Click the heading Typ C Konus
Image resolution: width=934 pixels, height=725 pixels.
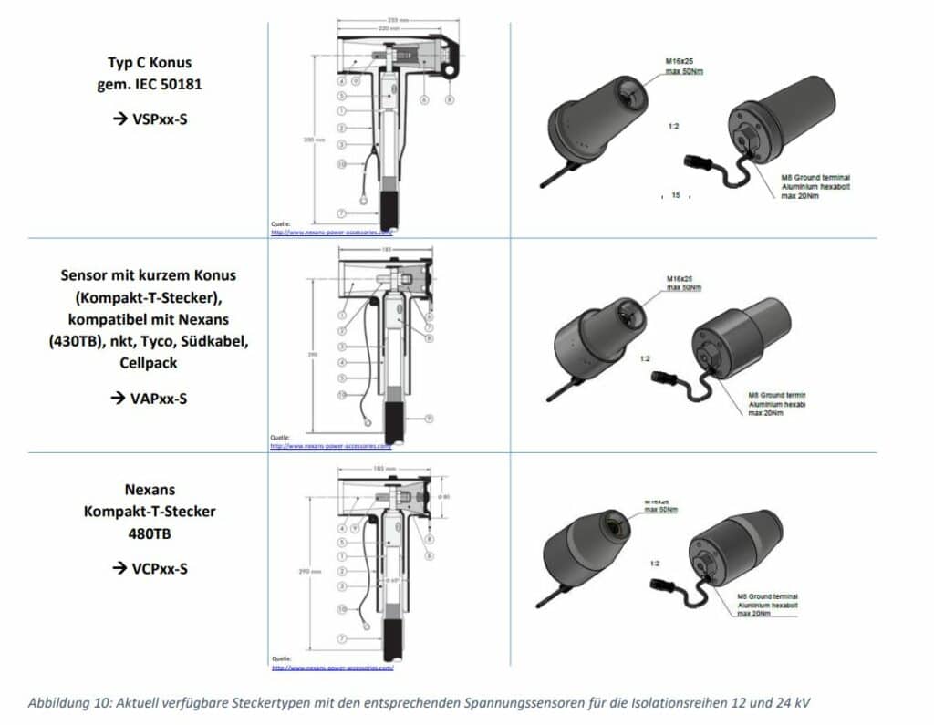coord(150,63)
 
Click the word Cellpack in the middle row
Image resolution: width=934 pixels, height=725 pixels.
coord(150,362)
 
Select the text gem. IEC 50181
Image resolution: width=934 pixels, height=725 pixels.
coord(150,84)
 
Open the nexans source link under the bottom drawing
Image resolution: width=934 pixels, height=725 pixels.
coord(332,668)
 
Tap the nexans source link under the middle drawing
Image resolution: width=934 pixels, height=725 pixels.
coord(331,447)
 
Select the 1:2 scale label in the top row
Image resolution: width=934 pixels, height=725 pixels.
coord(673,125)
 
